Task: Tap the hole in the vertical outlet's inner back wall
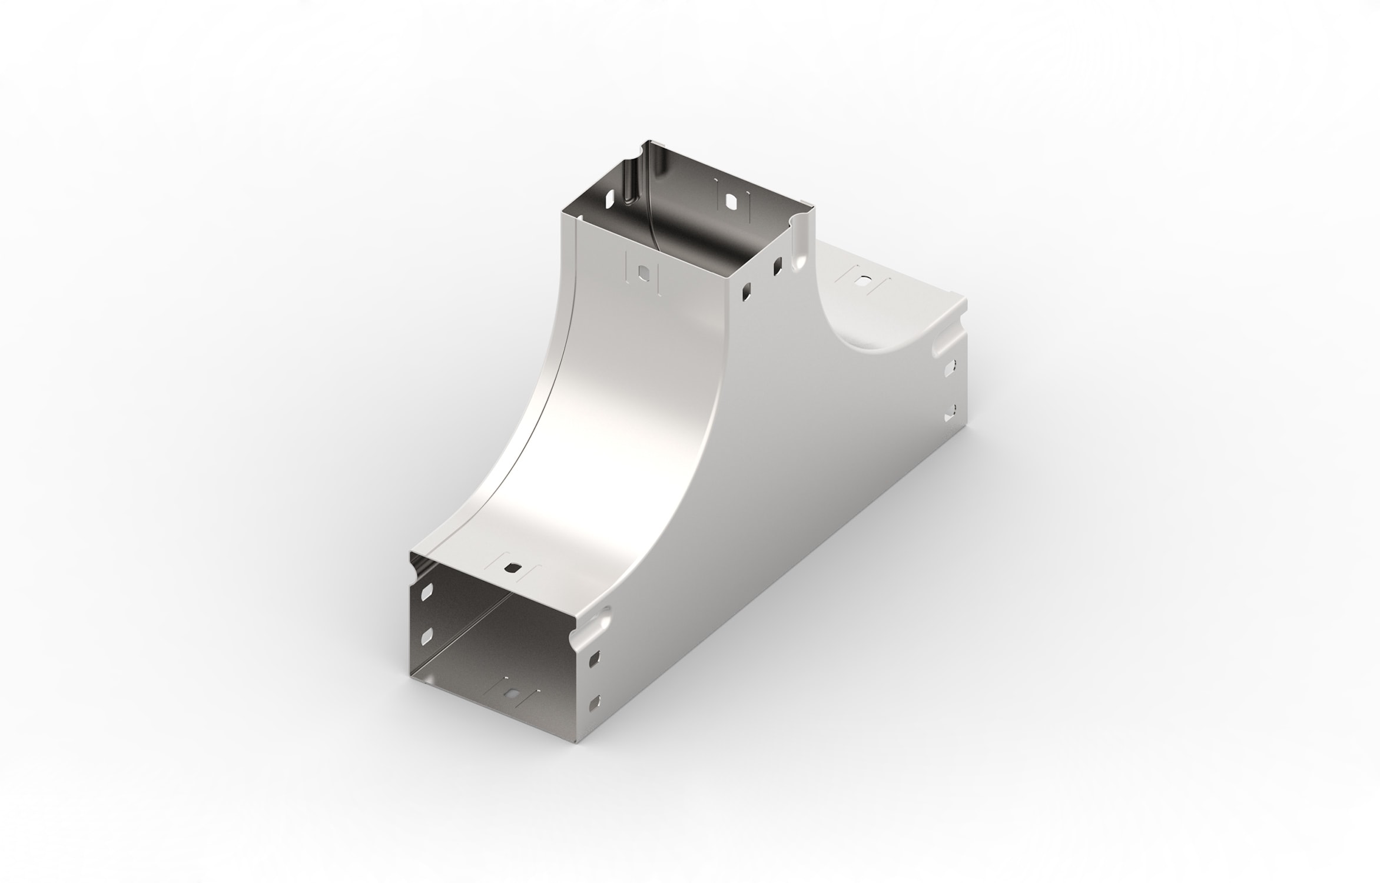coord(731,202)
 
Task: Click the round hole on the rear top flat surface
coord(864,281)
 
